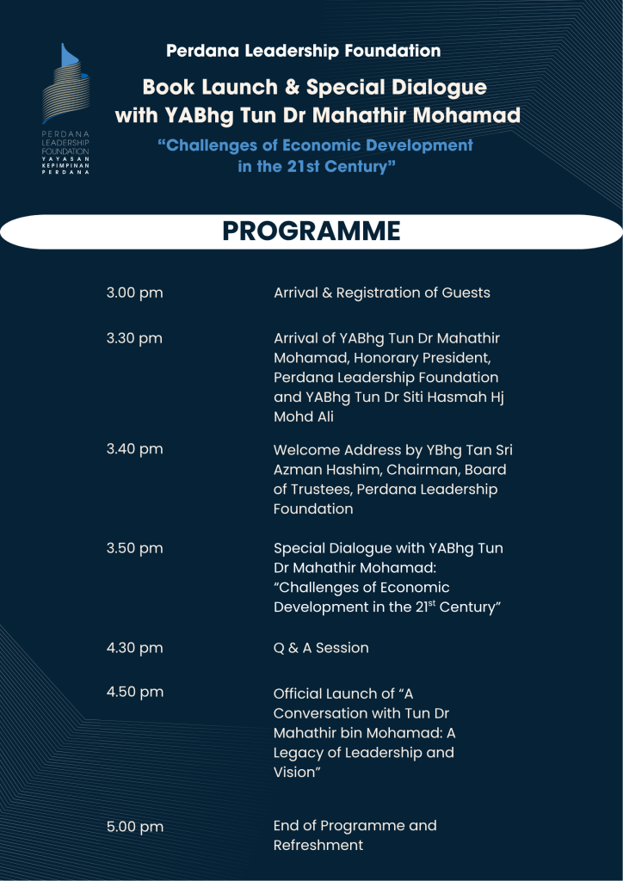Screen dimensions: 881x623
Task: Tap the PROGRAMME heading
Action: pos(311,231)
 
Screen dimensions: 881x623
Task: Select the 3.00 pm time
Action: pos(134,293)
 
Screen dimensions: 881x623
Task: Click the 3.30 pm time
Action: pos(134,338)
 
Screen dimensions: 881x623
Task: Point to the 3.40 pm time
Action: pos(134,449)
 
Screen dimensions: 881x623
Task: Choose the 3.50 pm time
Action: pos(134,548)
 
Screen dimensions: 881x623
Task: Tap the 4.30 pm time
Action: pos(134,648)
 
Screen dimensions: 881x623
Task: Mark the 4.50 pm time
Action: pos(134,692)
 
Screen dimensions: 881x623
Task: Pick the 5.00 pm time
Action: pos(134,827)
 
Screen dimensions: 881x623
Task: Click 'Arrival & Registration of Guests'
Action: pos(381,293)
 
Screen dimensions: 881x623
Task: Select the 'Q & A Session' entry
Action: pos(321,648)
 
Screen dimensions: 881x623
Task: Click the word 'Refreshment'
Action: pos(318,846)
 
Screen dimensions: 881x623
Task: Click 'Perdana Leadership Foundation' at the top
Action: pos(303,51)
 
